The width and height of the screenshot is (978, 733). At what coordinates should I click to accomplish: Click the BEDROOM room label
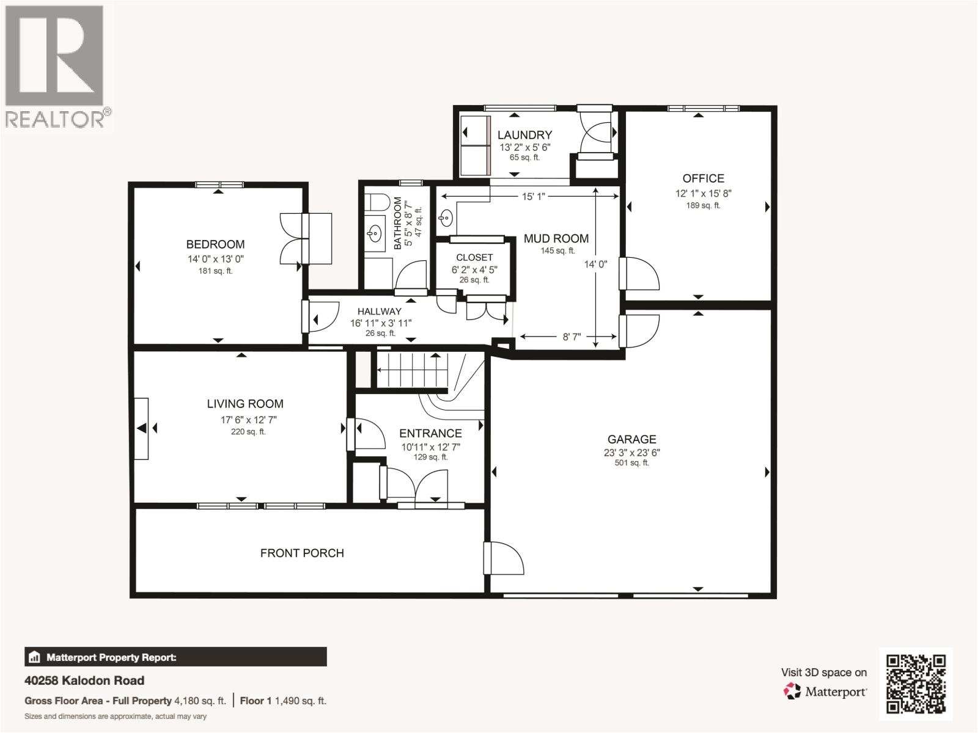[x=215, y=244]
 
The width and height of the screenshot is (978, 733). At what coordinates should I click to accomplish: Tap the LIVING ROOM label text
[x=244, y=404]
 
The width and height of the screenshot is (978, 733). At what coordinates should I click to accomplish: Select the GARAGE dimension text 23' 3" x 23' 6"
[x=631, y=453]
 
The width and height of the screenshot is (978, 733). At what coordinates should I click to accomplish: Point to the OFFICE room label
[x=703, y=178]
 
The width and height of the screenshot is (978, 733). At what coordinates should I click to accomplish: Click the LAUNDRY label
[x=524, y=135]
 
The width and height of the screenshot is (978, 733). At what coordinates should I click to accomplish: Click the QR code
[x=916, y=683]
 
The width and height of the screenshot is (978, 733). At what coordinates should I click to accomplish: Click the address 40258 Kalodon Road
[x=84, y=680]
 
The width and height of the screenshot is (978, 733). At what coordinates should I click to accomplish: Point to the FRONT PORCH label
[x=302, y=553]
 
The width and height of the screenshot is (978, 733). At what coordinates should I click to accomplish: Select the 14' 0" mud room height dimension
[x=595, y=264]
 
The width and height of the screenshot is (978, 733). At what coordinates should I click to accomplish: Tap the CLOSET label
[x=474, y=257]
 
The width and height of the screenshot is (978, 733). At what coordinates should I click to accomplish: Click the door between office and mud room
[x=638, y=273]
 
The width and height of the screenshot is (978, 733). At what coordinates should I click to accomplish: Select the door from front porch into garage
[x=497, y=558]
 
